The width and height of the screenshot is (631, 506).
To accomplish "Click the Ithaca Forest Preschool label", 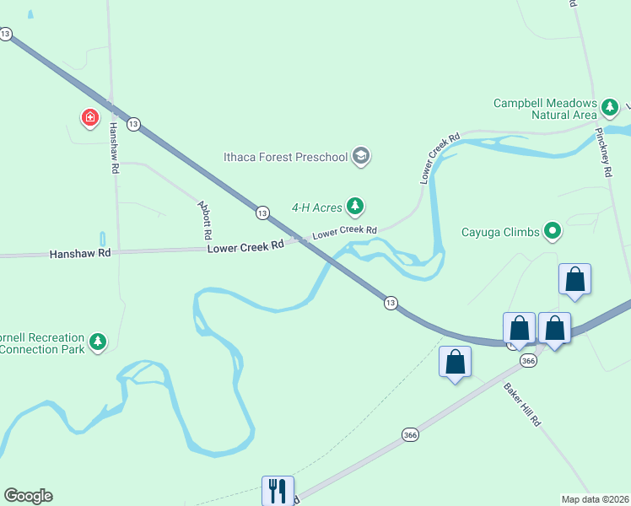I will [x=285, y=156].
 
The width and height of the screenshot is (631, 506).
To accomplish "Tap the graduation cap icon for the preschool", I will [x=361, y=155].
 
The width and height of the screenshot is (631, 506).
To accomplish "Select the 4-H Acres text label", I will [x=316, y=206].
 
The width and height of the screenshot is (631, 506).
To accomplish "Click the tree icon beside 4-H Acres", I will [x=356, y=206].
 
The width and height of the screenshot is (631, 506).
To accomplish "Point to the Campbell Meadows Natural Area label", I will [x=545, y=109].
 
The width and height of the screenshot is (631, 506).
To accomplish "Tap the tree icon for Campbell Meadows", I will [x=610, y=108].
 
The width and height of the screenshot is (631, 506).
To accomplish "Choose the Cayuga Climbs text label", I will [x=499, y=231].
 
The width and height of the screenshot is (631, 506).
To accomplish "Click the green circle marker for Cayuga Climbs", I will [x=553, y=229].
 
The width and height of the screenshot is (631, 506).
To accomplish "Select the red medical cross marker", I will [x=89, y=117].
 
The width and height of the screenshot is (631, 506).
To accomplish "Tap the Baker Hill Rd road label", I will [x=522, y=405].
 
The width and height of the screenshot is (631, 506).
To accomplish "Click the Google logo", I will [x=28, y=496].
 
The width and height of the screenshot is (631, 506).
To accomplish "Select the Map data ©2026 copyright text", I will [x=596, y=498].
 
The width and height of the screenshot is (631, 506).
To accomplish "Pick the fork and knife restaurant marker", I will [x=277, y=490].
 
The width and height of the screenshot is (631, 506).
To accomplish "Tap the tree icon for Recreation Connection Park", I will [x=100, y=342].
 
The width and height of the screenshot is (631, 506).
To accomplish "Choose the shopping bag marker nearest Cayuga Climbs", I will [x=574, y=279].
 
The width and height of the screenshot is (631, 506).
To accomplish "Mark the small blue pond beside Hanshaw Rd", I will [x=103, y=239].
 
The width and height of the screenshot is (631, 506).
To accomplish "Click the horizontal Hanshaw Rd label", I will [x=80, y=253].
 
